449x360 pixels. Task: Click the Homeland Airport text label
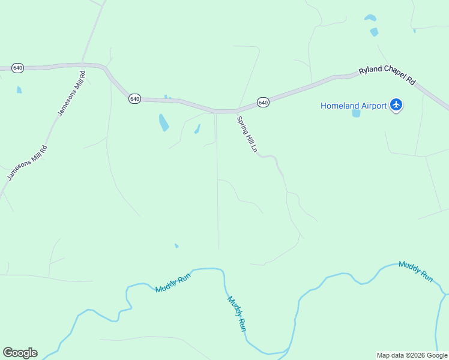(353, 106)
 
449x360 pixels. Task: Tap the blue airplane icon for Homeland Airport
(396, 106)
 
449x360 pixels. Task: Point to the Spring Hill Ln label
(247, 134)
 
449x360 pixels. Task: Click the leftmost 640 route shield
(18, 68)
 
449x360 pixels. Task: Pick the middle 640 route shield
(134, 98)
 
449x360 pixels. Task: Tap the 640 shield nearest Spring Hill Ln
(263, 103)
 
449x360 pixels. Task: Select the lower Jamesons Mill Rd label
(27, 162)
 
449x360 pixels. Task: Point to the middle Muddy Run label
(237, 313)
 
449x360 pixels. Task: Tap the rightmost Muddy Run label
(415, 271)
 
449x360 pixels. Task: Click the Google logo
(20, 353)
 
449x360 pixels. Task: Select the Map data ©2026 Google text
(412, 355)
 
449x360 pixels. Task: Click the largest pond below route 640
(163, 122)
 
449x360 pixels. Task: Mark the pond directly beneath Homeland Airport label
(356, 113)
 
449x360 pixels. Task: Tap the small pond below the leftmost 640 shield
(19, 90)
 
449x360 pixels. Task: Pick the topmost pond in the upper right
(370, 18)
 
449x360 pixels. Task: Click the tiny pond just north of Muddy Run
(176, 245)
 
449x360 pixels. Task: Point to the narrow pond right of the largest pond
(197, 129)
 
